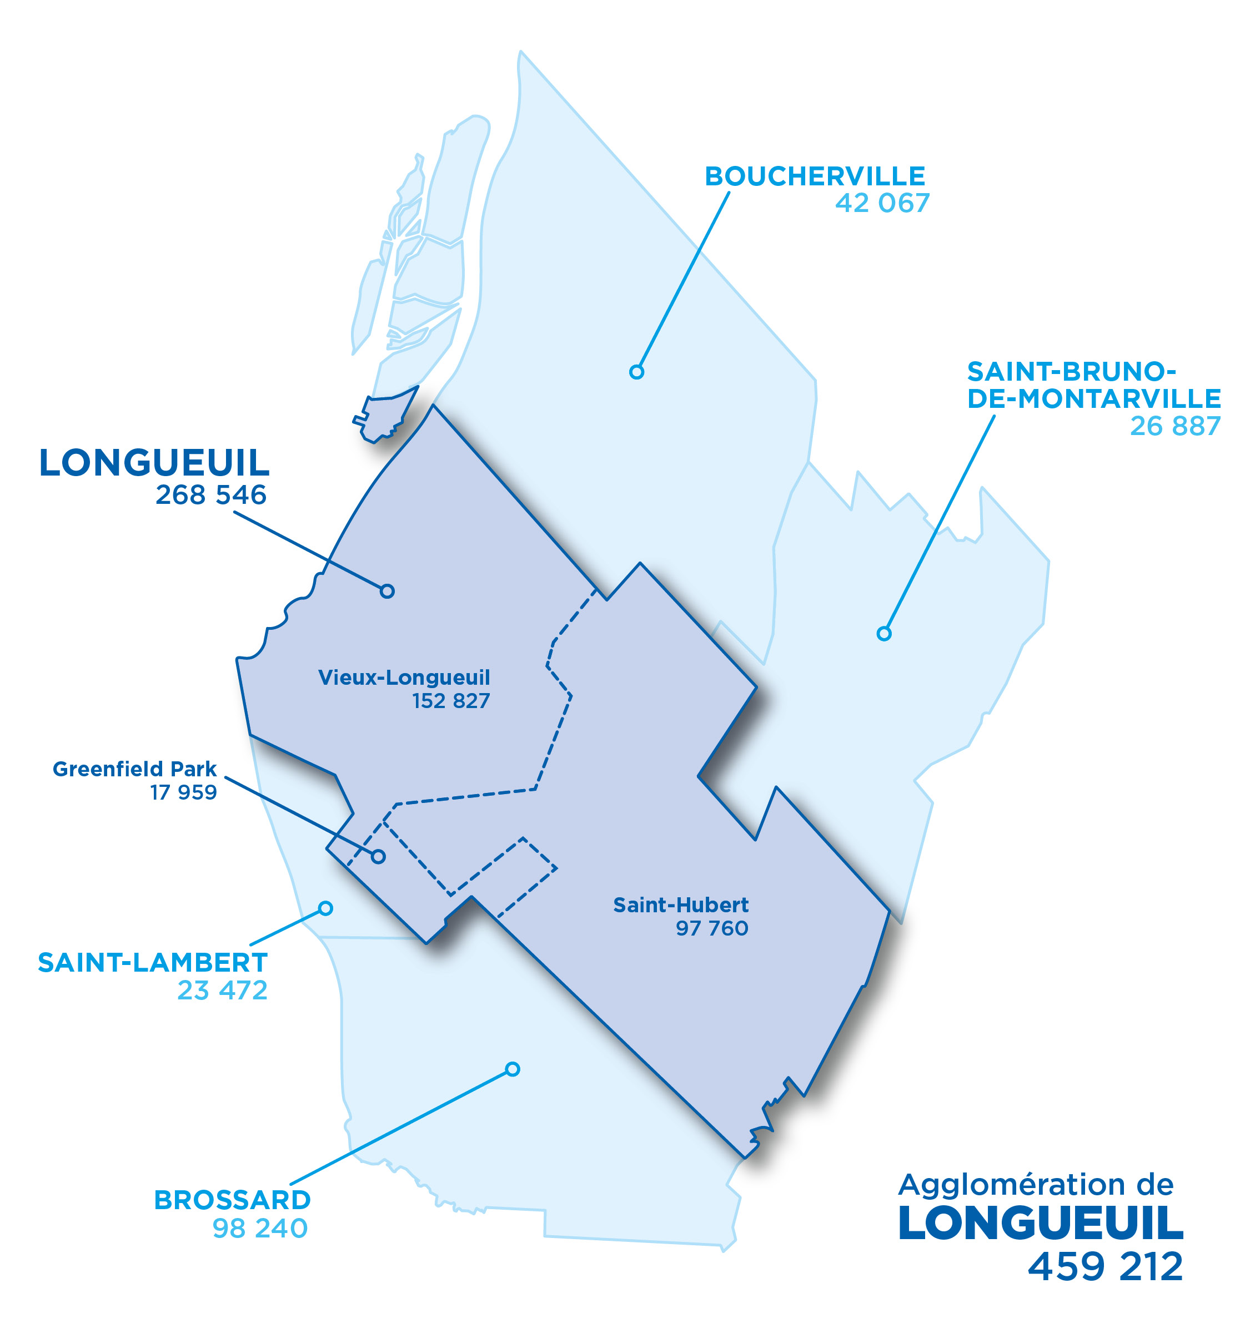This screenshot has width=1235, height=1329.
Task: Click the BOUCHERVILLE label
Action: (815, 177)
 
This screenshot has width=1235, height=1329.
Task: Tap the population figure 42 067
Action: (882, 204)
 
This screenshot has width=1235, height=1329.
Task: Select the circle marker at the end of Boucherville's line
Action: (636, 372)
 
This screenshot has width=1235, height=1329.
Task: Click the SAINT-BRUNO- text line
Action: (1071, 371)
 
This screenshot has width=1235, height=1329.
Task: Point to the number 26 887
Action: (1175, 426)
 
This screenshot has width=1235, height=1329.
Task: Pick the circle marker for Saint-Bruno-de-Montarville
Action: (883, 633)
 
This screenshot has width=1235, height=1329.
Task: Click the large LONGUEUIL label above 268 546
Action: (154, 463)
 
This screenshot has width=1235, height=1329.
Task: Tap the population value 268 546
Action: (211, 495)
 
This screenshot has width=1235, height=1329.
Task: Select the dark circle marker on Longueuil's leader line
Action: (387, 591)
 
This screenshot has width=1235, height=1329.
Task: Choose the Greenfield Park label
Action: (135, 769)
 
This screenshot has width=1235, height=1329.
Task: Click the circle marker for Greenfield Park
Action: (378, 856)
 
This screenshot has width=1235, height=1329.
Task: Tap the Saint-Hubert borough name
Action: (680, 905)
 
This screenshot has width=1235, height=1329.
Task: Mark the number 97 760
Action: (712, 928)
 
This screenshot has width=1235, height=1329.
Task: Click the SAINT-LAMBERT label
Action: (153, 962)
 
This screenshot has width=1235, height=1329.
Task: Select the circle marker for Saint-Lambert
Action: (325, 908)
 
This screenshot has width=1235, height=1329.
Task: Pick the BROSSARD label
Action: (233, 1200)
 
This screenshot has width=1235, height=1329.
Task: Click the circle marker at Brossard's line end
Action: (513, 1069)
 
